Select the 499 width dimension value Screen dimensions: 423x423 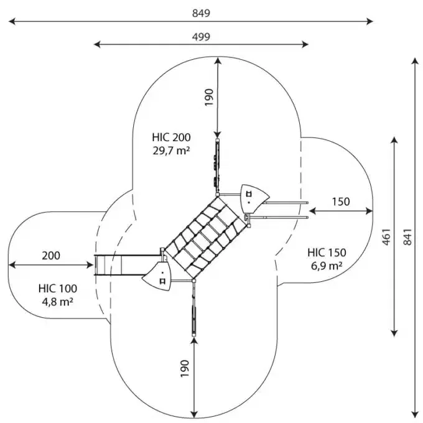(x=200, y=36)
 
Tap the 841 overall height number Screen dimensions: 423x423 (x=407, y=236)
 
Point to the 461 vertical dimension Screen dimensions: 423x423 (x=386, y=236)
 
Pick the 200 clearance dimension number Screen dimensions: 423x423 (x=51, y=255)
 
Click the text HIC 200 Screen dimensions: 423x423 (x=171, y=137)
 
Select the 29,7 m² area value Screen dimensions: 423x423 (x=171, y=150)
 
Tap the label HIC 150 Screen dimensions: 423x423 (x=327, y=253)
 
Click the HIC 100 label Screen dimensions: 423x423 (x=58, y=289)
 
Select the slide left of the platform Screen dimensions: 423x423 (x=124, y=266)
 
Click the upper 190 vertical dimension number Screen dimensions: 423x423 (x=209, y=98)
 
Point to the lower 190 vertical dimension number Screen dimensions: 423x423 (x=186, y=371)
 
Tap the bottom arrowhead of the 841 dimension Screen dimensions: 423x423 (x=415, y=413)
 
